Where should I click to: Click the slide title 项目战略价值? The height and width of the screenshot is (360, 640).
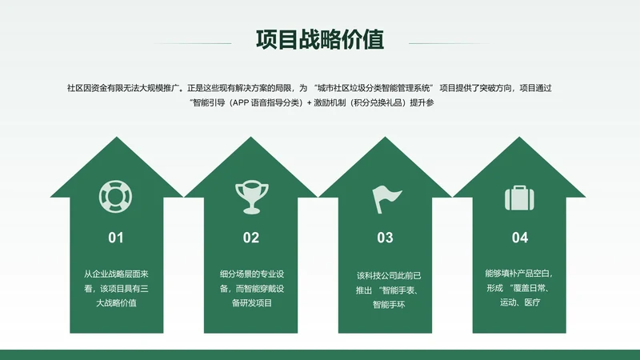point(320,39)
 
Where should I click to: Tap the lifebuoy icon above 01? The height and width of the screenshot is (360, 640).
point(116,195)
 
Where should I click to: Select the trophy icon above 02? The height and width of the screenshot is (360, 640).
point(250,196)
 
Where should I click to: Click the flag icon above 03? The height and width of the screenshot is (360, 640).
point(385,197)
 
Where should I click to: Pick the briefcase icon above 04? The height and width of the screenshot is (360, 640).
point(519,197)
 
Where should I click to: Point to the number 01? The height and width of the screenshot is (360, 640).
point(116,238)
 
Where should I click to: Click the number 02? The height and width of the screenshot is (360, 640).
point(251,238)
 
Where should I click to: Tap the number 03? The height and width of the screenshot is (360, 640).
point(385,238)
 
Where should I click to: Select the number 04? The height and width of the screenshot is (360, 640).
point(520,238)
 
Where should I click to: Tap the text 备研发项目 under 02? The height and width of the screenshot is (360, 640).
point(251,302)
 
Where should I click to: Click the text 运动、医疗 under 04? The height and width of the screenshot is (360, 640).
point(520,302)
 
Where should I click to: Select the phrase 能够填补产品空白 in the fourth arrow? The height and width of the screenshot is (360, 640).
point(518,272)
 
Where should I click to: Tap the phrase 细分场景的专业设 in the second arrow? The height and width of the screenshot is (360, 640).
point(251,273)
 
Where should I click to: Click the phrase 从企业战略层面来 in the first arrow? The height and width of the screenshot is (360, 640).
point(116,273)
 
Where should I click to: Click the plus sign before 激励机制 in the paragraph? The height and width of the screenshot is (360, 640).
point(310,102)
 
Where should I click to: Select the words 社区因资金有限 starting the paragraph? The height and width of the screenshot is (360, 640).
point(93,87)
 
